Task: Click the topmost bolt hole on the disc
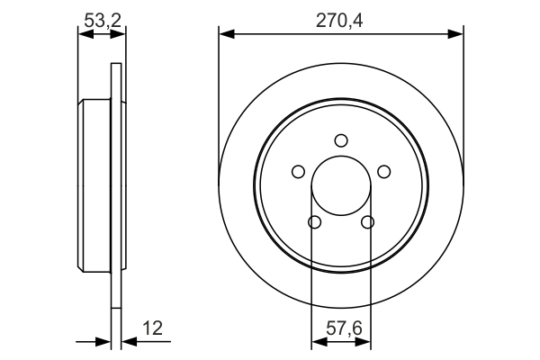coord(341,139)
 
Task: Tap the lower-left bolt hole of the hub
coord(314,222)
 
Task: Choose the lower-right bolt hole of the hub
coord(367,222)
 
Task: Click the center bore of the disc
coord(341,185)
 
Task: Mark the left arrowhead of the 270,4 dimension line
coord(226,34)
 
